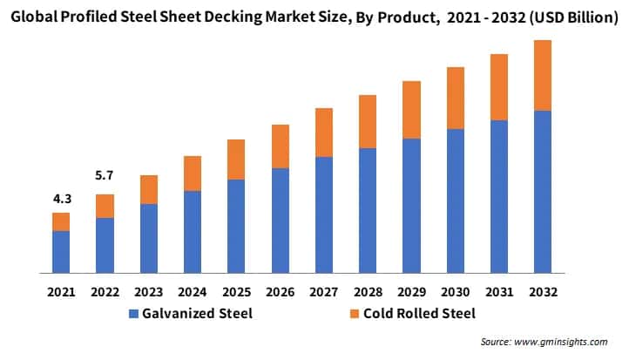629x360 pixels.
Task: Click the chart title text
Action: coord(314,17)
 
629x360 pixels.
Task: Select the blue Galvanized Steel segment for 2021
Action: coord(61,252)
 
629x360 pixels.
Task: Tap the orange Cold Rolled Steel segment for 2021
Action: coord(61,221)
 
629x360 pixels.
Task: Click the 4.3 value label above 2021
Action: coord(61,199)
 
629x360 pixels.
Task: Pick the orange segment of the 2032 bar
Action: coord(543,75)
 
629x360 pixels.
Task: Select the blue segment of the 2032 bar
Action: coord(543,192)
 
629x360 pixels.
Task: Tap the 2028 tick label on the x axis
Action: coord(368,291)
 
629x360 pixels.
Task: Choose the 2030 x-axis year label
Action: coord(455,291)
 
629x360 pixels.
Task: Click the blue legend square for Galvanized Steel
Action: coord(133,314)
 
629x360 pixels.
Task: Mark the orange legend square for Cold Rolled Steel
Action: coord(353,314)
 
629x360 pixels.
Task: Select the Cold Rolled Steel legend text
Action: coord(419,314)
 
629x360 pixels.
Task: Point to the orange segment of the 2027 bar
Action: coord(324,132)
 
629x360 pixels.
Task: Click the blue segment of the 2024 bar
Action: coord(193,232)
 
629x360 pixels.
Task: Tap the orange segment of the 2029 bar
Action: coord(411,110)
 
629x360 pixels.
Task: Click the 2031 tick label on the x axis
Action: coord(498,291)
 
